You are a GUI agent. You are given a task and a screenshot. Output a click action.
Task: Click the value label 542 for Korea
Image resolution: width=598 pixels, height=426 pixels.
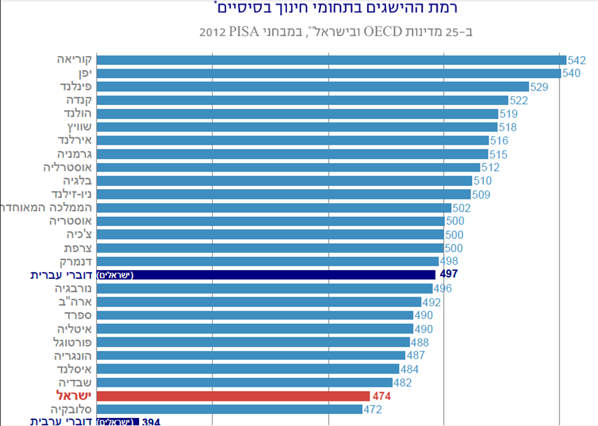[576, 60]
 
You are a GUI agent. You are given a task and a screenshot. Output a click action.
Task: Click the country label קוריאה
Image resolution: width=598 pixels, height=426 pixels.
[75, 60]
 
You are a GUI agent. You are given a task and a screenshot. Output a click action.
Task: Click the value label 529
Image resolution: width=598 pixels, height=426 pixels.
[539, 87]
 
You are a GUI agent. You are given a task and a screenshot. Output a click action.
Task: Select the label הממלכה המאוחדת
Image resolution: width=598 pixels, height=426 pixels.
[47, 208]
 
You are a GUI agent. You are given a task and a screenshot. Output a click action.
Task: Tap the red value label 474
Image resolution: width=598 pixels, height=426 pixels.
[381, 397]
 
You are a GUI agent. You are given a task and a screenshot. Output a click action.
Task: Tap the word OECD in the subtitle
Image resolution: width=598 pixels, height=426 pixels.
[384, 31]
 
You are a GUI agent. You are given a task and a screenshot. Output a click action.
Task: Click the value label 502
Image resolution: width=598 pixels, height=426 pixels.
[461, 208]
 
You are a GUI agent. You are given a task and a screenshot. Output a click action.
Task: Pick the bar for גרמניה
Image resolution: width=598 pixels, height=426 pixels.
[292, 154]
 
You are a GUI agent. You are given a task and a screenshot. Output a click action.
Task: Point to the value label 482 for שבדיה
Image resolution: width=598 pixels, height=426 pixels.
[402, 383]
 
